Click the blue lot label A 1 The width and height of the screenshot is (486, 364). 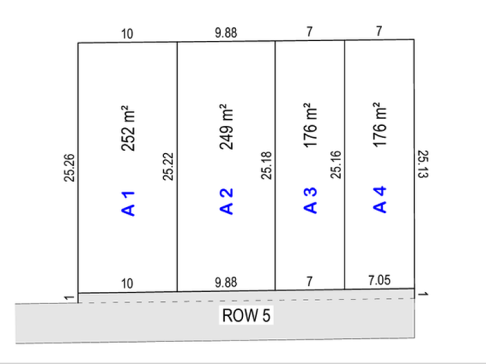point(128,204)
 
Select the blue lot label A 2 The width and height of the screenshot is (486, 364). point(226,202)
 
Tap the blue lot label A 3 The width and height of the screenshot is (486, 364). point(311,200)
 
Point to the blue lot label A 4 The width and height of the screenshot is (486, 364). point(380,199)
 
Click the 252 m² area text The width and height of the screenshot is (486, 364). point(128,128)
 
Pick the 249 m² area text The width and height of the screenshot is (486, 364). point(226,127)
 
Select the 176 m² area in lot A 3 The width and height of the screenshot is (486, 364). point(311,125)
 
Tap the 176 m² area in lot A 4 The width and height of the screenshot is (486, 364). point(380,124)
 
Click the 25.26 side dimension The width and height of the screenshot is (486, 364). point(69,168)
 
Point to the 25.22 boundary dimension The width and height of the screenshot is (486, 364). point(169,167)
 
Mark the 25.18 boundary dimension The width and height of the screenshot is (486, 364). point(267,165)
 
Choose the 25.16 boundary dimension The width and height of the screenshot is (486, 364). point(336,165)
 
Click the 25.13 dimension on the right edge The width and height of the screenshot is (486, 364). point(423,164)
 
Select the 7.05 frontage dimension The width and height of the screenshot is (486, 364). point(380,280)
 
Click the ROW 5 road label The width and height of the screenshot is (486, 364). point(246,315)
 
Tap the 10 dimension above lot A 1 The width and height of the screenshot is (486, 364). point(127,33)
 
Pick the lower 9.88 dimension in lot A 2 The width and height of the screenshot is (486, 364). point(226,282)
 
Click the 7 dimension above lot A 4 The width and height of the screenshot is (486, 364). point(379,31)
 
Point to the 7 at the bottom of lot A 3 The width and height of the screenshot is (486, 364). point(309,281)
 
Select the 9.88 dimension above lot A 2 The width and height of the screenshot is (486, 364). point(226,33)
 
